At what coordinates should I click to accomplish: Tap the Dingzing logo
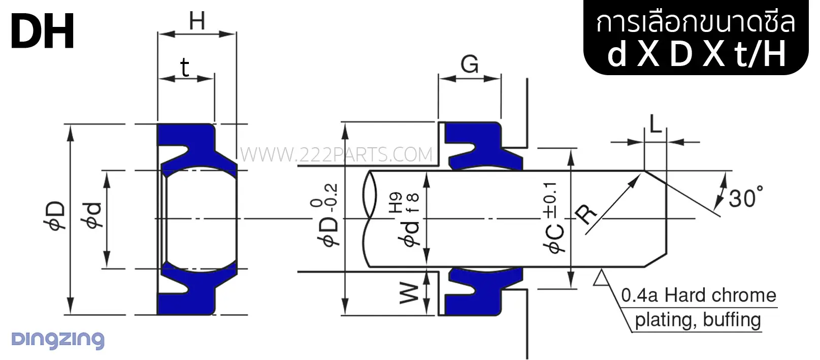click(x=58, y=340)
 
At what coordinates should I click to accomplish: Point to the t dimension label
click(x=185, y=68)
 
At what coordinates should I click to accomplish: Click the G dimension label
click(x=469, y=64)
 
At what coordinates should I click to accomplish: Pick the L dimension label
click(x=655, y=124)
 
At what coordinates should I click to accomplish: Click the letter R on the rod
click(x=586, y=214)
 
